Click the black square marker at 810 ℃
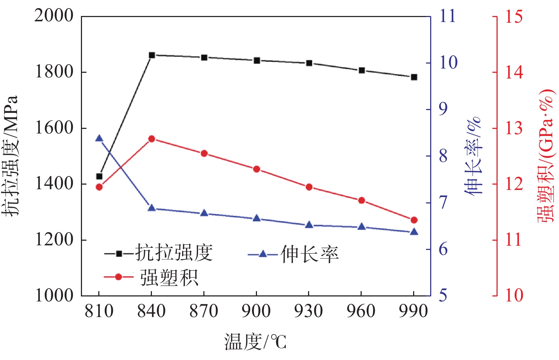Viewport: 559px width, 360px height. click(x=99, y=176)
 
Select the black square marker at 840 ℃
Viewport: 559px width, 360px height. click(x=152, y=55)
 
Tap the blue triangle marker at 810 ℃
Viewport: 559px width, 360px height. click(x=99, y=138)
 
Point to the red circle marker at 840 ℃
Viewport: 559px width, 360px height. click(x=152, y=139)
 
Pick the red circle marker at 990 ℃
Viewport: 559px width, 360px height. click(x=414, y=220)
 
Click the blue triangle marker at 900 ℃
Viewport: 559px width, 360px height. click(x=257, y=218)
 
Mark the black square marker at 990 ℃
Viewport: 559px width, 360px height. click(x=414, y=77)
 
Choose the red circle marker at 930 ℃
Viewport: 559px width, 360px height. click(x=309, y=187)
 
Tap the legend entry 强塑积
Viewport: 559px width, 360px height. click(x=169, y=277)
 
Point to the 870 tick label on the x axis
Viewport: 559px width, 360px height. click(x=204, y=311)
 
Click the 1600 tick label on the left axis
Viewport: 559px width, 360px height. click(x=54, y=128)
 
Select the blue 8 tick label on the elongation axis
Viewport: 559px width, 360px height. click(x=443, y=156)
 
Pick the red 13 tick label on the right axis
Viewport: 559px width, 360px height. click(x=514, y=128)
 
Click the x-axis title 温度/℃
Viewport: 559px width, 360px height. click(x=255, y=342)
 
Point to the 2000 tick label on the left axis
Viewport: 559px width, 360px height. click(x=54, y=16)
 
